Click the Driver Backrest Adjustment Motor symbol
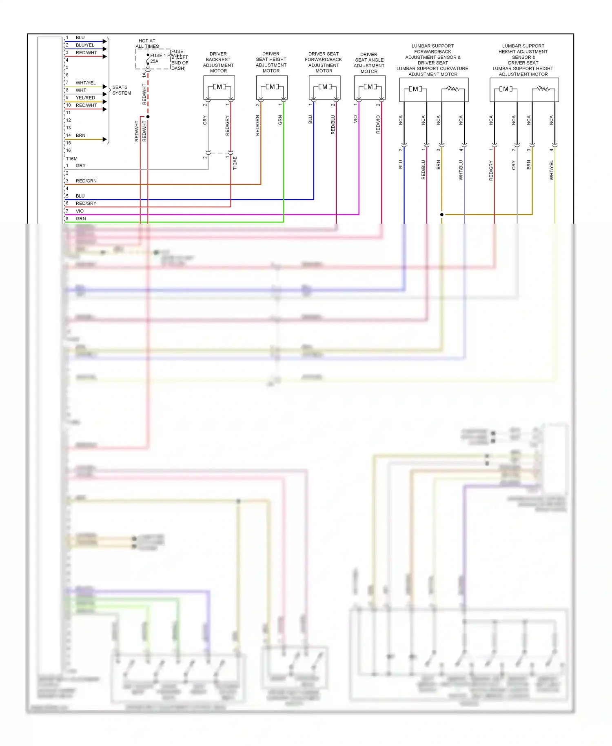[219, 87]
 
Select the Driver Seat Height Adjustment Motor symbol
[272, 87]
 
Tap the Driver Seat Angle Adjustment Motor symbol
[370, 87]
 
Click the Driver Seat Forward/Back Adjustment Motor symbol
[325, 87]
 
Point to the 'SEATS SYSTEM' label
[122, 90]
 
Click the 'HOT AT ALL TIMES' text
[147, 44]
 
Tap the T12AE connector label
[235, 163]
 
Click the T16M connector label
[72, 159]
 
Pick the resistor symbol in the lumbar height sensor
[543, 89]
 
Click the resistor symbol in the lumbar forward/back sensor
[453, 89]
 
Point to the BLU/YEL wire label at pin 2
[85, 45]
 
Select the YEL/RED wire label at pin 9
[85, 98]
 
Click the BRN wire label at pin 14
[81, 135]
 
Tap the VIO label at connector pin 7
[80, 211]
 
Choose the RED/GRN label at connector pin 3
[86, 181]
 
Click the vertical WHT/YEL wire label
[552, 170]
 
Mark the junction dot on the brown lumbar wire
[442, 215]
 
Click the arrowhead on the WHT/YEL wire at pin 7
[105, 87]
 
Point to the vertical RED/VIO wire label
[378, 124]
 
